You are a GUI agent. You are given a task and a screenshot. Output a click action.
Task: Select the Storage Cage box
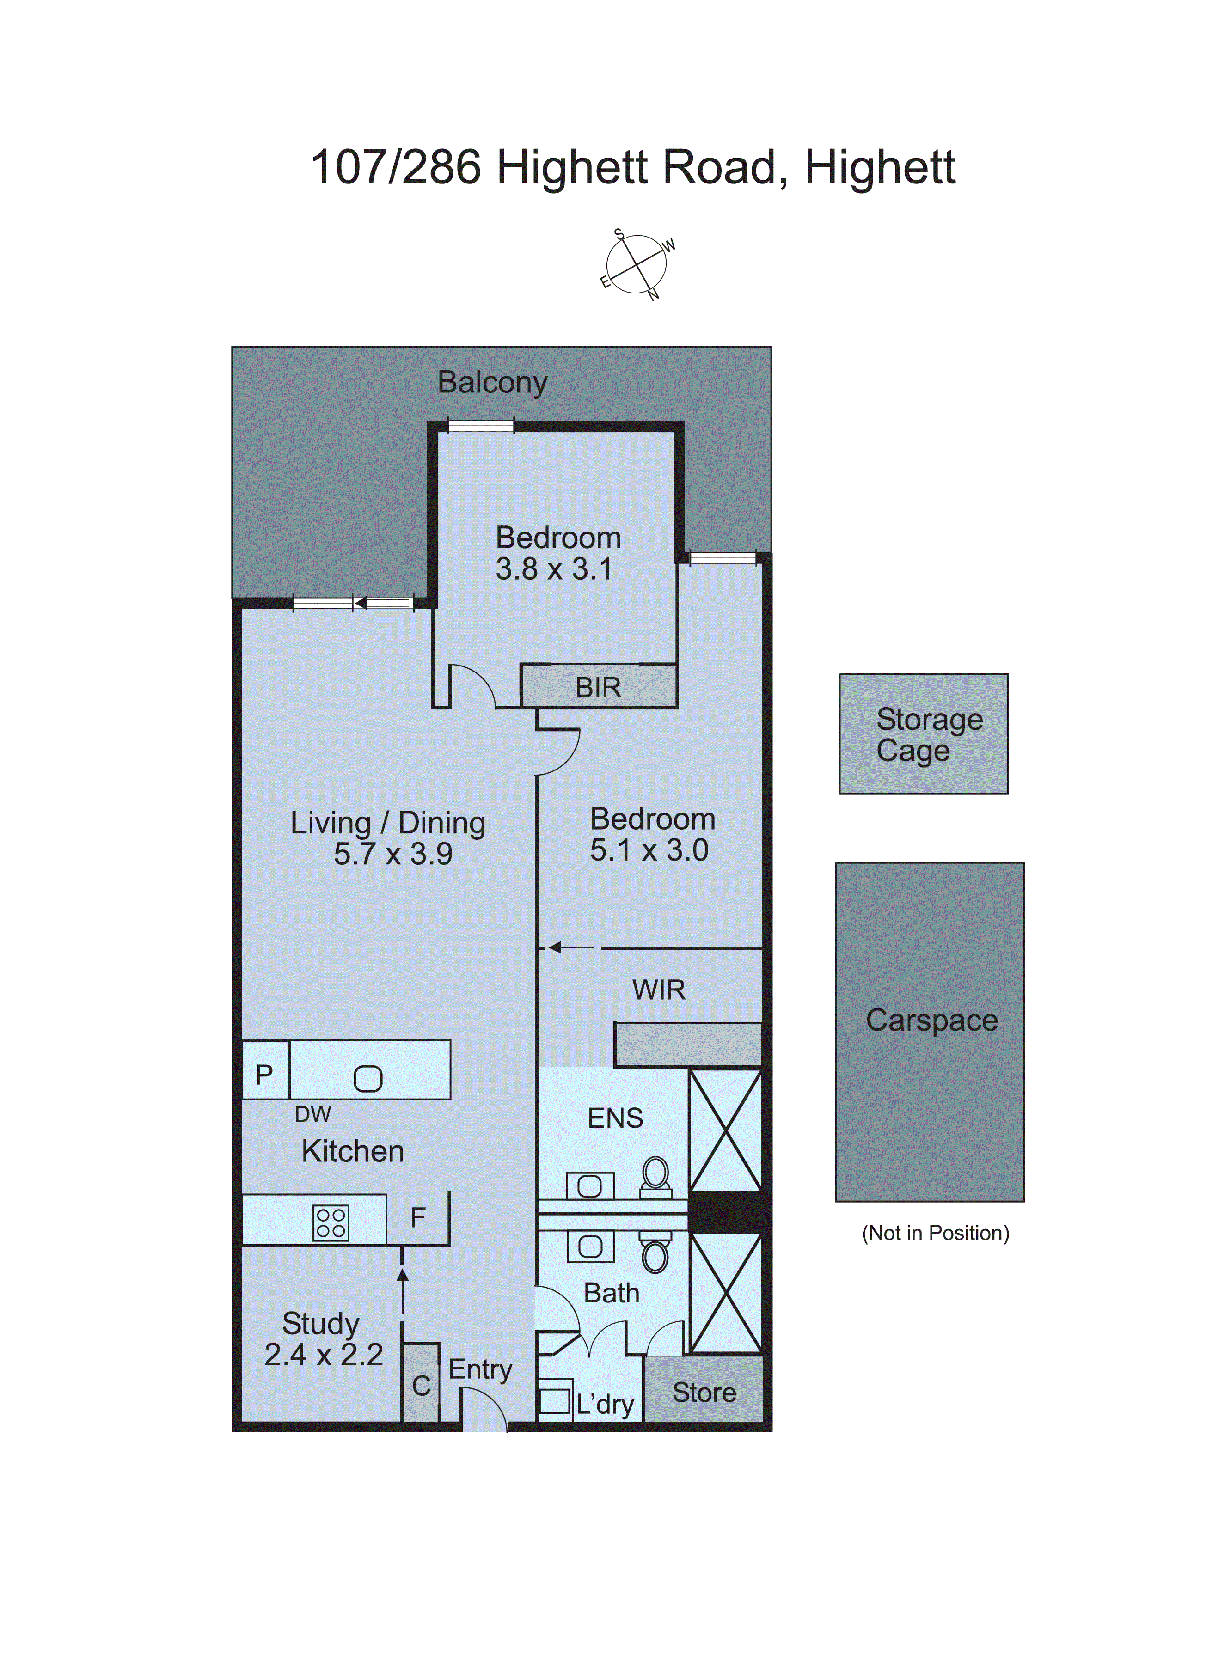pyautogui.click(x=923, y=734)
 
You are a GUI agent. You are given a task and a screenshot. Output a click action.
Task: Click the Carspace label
pyautogui.click(x=931, y=1021)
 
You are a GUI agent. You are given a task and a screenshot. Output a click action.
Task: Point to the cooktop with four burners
pyautogui.click(x=331, y=1223)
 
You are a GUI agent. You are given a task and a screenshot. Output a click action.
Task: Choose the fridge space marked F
pyautogui.click(x=418, y=1217)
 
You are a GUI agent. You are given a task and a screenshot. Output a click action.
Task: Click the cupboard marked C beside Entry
pyautogui.click(x=421, y=1385)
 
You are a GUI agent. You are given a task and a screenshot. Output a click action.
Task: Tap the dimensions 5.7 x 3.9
pyautogui.click(x=393, y=855)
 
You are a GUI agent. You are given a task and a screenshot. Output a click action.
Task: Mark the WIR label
pyautogui.click(x=658, y=990)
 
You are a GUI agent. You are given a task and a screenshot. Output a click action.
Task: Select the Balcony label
pyautogui.click(x=492, y=383)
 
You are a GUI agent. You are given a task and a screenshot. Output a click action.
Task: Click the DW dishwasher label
pyautogui.click(x=313, y=1114)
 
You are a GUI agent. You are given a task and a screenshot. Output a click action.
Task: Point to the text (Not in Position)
pyautogui.click(x=935, y=1233)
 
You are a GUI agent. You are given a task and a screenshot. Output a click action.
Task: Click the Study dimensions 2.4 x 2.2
pyautogui.click(x=323, y=1355)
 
